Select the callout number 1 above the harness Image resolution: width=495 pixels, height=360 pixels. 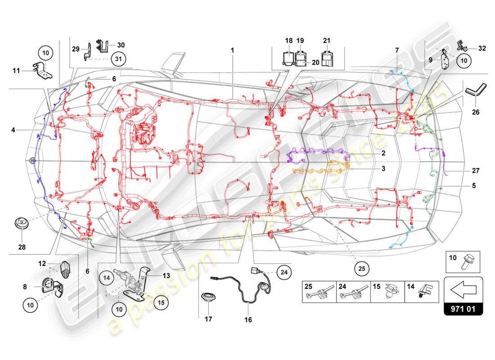(x=233, y=51)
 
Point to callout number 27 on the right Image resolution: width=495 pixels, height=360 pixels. (x=476, y=171)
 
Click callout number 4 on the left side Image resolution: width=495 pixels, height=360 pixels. (x=14, y=130)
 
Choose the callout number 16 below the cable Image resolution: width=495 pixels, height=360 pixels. (x=248, y=320)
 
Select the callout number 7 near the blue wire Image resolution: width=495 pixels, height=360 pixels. (x=397, y=49)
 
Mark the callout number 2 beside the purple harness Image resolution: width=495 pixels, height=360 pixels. (x=383, y=153)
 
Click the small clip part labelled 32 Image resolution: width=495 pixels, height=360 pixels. (x=461, y=45)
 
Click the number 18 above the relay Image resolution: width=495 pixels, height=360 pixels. (x=289, y=40)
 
